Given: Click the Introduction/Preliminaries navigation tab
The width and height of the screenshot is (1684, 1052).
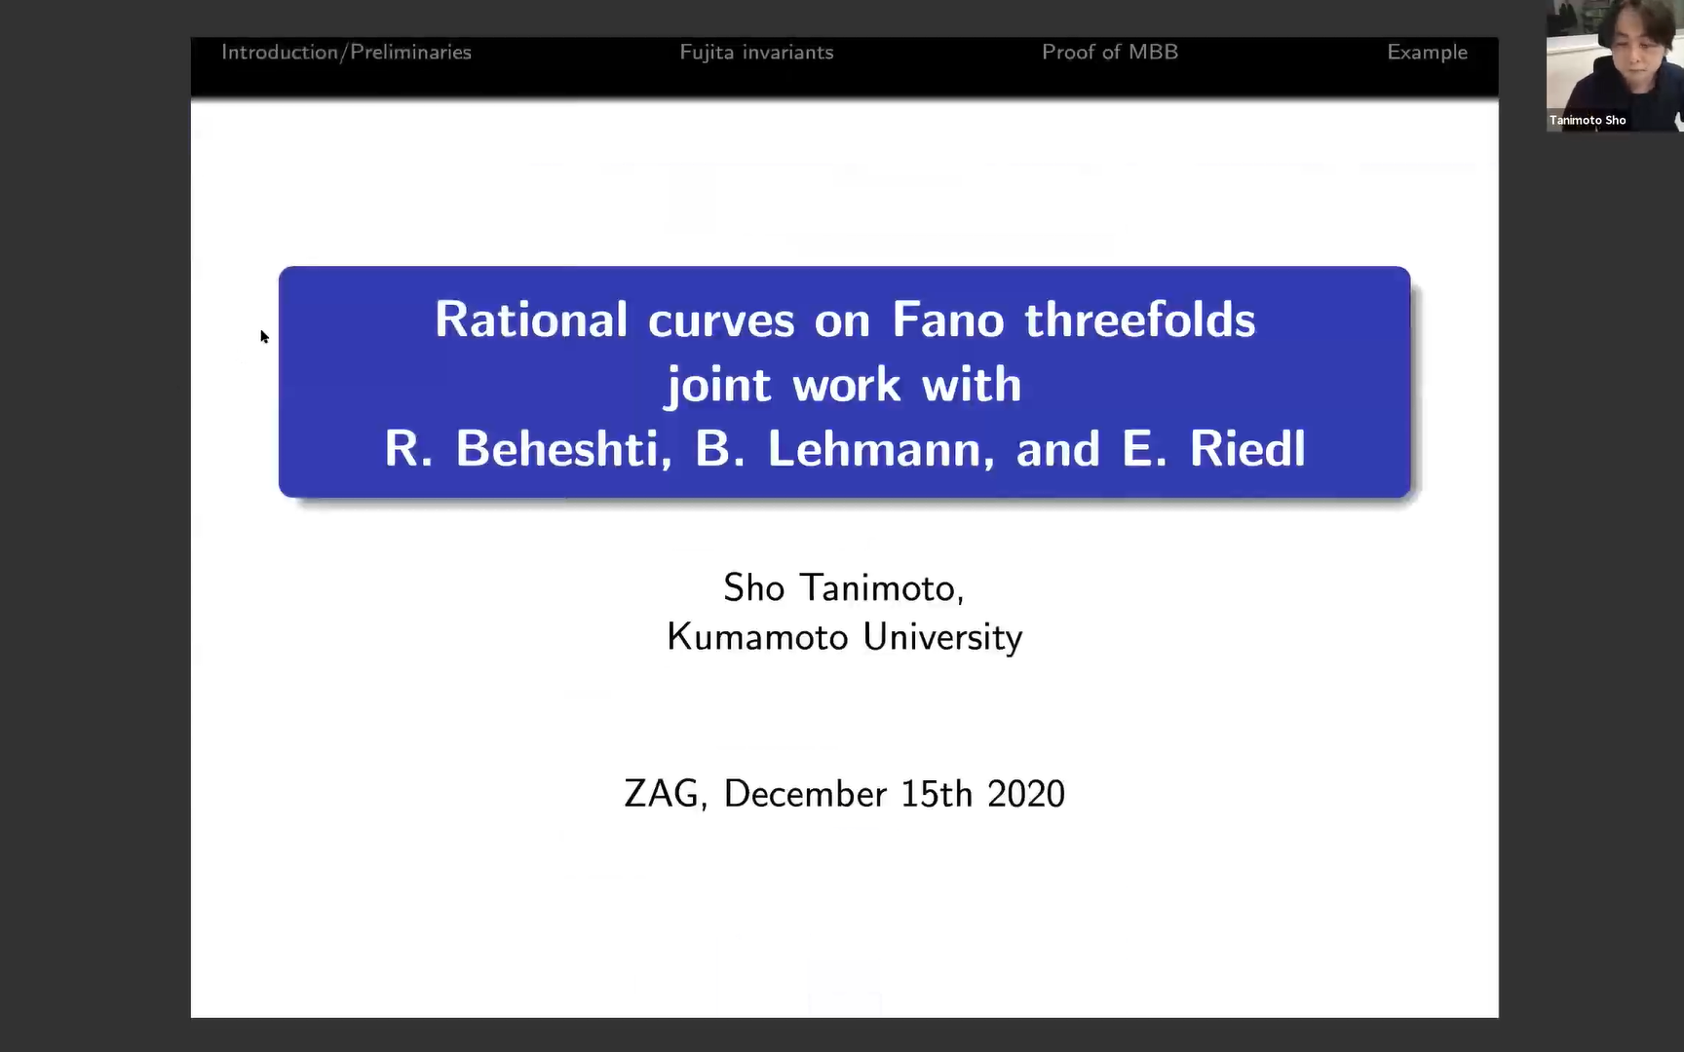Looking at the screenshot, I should (x=346, y=53).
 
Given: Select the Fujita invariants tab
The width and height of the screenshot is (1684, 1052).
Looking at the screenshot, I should (x=756, y=53).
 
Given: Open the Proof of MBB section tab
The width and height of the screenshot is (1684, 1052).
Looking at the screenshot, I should (x=1109, y=53).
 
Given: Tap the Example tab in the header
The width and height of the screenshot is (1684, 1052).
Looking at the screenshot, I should (x=1427, y=53).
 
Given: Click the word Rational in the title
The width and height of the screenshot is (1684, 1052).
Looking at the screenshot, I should (x=531, y=320).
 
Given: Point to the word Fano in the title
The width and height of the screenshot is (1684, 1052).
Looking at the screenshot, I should (x=947, y=320).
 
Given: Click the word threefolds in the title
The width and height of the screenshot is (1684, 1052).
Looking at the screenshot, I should (x=1139, y=320).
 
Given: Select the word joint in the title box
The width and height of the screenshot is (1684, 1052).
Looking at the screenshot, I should (x=718, y=386).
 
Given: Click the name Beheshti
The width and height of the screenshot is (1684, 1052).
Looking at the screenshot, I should (x=563, y=449).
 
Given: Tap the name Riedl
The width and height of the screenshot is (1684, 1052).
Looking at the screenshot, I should (x=1246, y=449).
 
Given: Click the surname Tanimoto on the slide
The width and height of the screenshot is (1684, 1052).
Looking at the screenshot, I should (x=882, y=588).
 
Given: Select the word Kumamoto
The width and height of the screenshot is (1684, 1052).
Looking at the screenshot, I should (x=757, y=637).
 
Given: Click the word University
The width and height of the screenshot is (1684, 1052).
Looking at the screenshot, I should (x=942, y=637).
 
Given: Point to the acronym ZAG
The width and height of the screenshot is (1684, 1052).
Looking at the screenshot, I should (x=663, y=794).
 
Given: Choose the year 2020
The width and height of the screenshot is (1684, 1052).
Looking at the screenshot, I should (x=1025, y=794).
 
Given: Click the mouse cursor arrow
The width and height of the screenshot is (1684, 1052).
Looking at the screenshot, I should (x=264, y=337).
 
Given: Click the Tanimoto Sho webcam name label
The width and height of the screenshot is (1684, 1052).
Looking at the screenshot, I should (x=1588, y=121).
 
